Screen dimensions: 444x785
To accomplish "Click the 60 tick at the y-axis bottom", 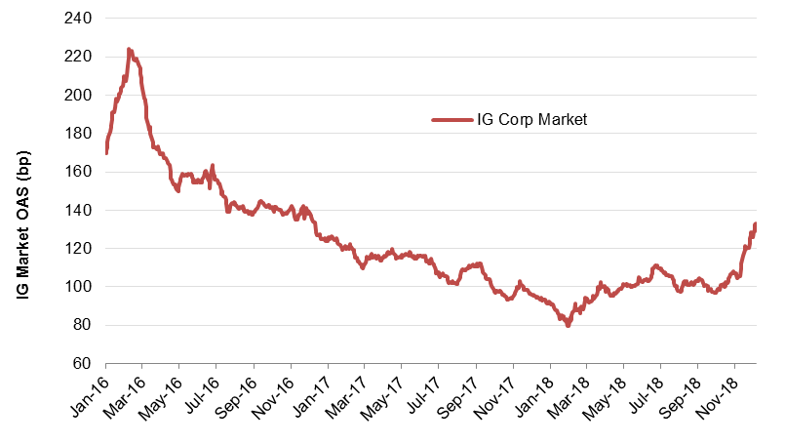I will coord(82,364).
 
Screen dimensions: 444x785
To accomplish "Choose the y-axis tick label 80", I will coord(82,325).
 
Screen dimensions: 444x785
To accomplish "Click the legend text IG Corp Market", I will coord(531,120).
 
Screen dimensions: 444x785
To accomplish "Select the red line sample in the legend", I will coord(451,120).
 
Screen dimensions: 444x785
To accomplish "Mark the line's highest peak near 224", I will coord(130,49).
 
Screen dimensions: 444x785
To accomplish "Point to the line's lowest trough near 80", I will coord(568,325).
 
